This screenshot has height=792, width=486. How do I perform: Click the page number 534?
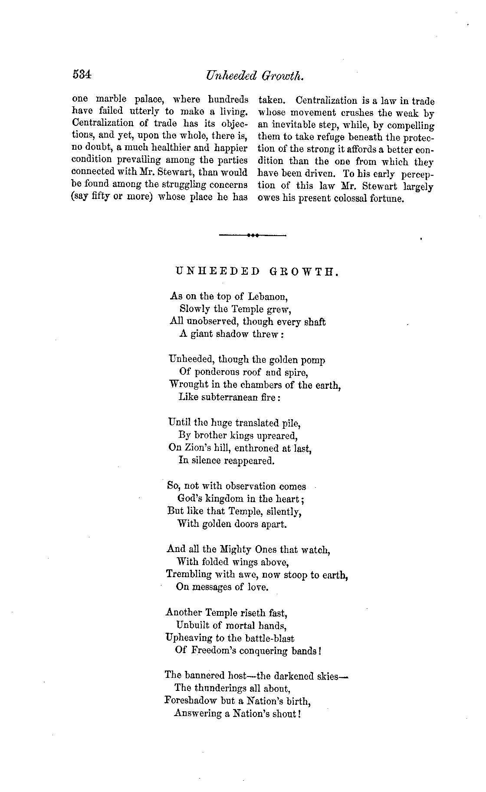(82, 75)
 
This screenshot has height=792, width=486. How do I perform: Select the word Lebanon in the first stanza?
(268, 297)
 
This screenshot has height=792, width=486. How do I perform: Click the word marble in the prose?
(111, 99)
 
